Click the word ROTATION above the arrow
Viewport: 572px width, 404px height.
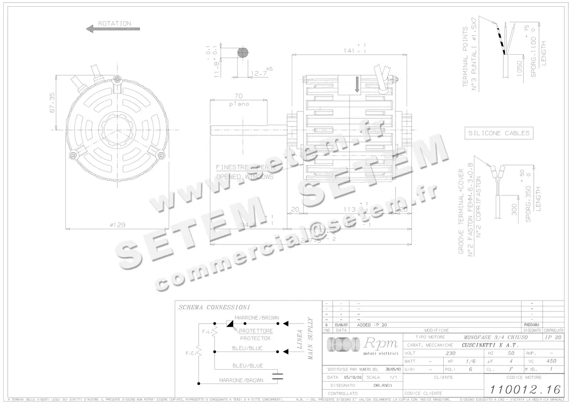pos(114,23)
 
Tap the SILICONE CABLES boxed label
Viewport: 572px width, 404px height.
pos(499,133)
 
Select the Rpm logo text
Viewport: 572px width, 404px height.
pos(380,343)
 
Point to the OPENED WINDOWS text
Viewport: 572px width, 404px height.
pos(245,177)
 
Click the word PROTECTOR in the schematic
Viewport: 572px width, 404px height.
pos(255,338)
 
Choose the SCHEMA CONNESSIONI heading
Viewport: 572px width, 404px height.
pos(214,308)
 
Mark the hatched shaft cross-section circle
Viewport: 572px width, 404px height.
pos(243,53)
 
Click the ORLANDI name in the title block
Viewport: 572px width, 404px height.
pos(382,385)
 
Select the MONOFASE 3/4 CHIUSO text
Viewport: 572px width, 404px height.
pos(487,337)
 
